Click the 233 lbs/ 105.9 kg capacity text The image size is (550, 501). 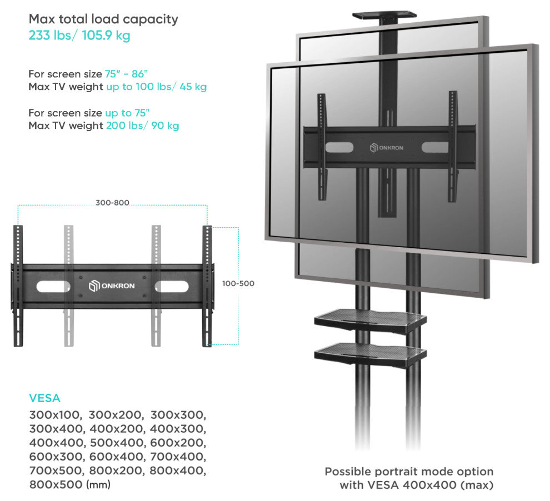(79, 36)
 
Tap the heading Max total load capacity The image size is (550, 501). (103, 19)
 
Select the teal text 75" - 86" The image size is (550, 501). (126, 74)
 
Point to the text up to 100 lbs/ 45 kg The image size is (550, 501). (157, 87)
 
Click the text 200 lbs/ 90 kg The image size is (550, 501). (142, 126)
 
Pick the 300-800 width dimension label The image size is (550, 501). (112, 203)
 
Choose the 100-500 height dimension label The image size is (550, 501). (238, 283)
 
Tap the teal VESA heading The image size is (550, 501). (44, 398)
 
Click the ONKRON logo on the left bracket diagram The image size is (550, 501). (112, 285)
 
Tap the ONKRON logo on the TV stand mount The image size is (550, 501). (387, 148)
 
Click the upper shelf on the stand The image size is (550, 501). (371, 320)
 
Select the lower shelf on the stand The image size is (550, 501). (371, 354)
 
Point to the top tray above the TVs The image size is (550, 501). (384, 16)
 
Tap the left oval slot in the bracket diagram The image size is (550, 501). (53, 287)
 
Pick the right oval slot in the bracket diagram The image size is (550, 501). (172, 287)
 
